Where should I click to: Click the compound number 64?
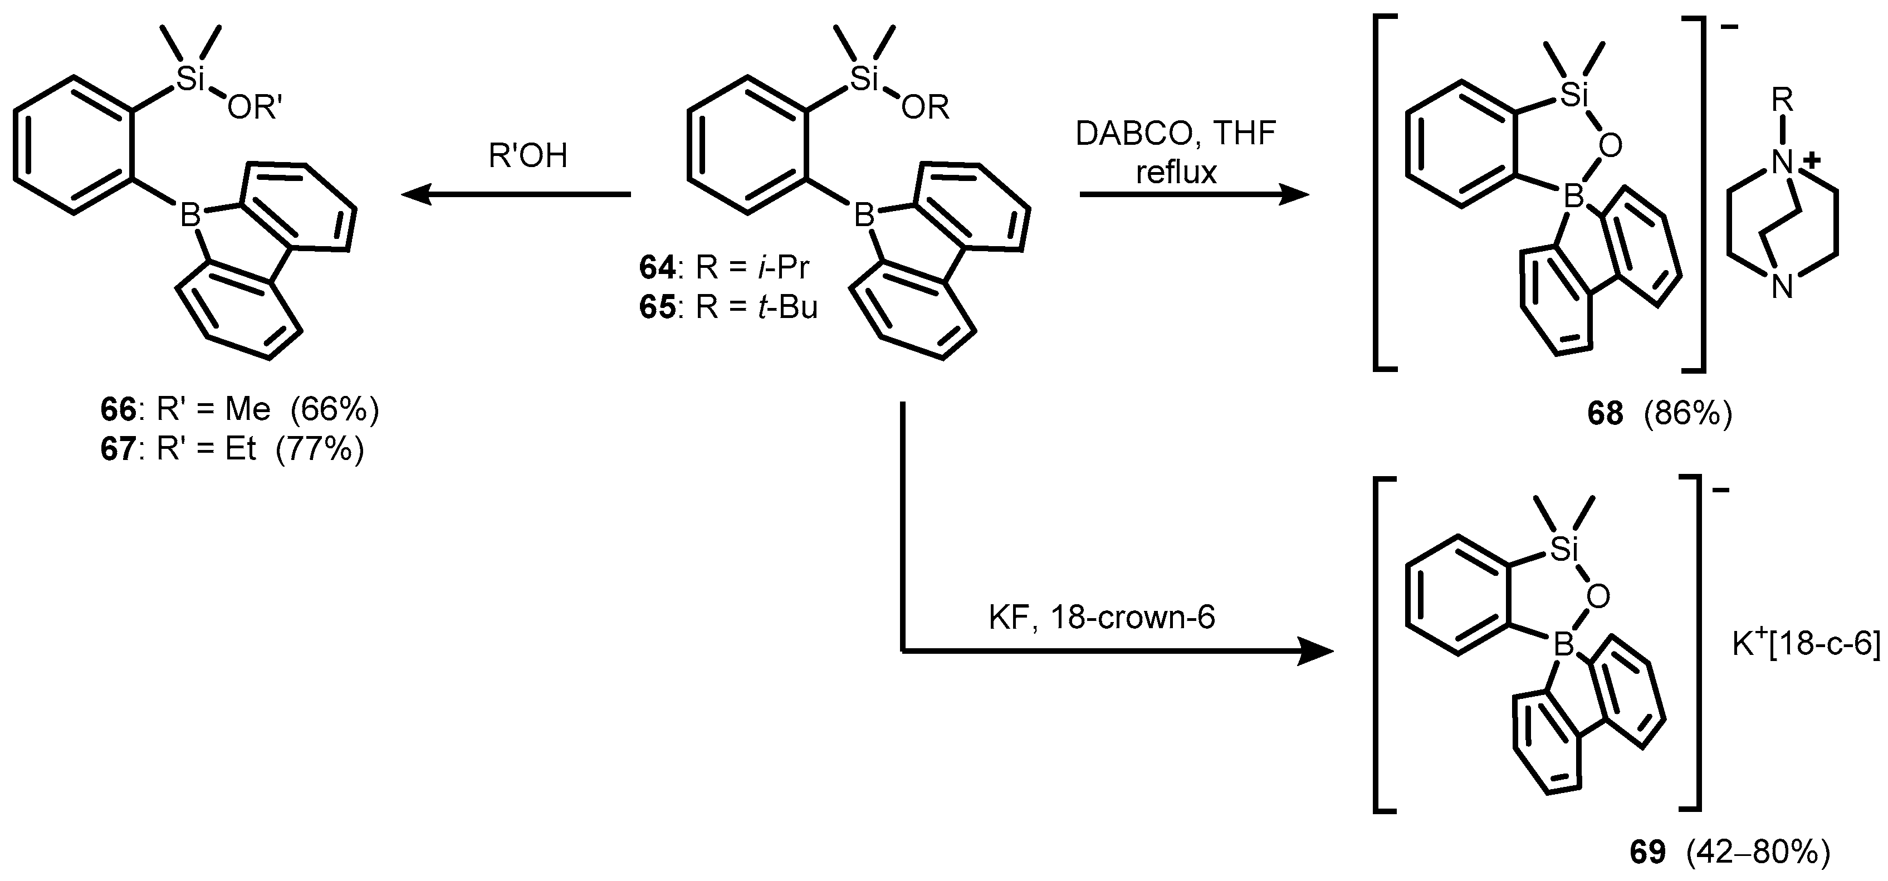pyautogui.click(x=657, y=268)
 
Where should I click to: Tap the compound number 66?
pyautogui.click(x=119, y=410)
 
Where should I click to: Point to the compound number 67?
pyautogui.click(x=119, y=448)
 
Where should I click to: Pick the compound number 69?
pyautogui.click(x=1647, y=853)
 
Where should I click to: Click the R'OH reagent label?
pyautogui.click(x=528, y=156)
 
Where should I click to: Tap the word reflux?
pyautogui.click(x=1176, y=172)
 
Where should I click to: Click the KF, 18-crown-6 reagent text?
pyautogui.click(x=1102, y=618)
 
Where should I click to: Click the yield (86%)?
pyautogui.click(x=1687, y=415)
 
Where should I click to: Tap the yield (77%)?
pyautogui.click(x=320, y=448)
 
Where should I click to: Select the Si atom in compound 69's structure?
pyautogui.click(x=1563, y=550)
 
